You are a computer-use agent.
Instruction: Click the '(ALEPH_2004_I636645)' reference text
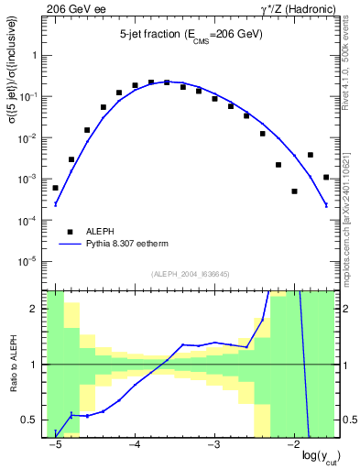click(x=190, y=274)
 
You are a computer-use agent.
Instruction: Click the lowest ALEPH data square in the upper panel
click(x=294, y=191)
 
